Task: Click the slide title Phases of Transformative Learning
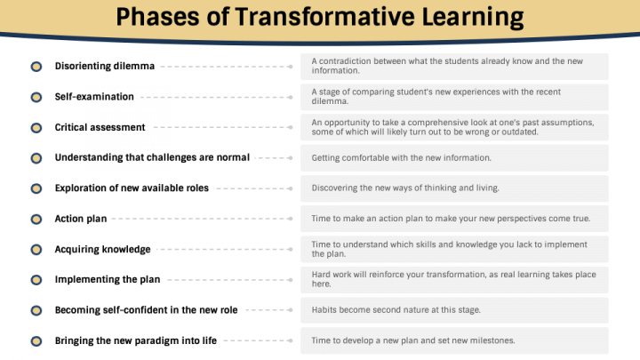tap(320, 17)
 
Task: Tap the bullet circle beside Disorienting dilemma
tap(36, 67)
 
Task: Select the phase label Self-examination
tap(94, 97)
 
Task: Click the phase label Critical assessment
tap(100, 127)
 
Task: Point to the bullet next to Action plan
tap(36, 219)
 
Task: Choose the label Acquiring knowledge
tap(102, 249)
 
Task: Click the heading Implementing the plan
tap(108, 279)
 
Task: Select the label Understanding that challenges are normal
tap(152, 157)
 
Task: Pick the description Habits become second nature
tap(396, 309)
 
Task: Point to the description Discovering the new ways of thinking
tap(406, 188)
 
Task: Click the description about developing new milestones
tap(412, 340)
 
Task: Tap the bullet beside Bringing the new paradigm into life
tap(36, 340)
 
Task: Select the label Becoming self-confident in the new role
tap(146, 310)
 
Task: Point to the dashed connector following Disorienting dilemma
tap(227, 67)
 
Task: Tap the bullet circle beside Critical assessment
tap(36, 127)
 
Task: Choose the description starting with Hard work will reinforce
tap(453, 279)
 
